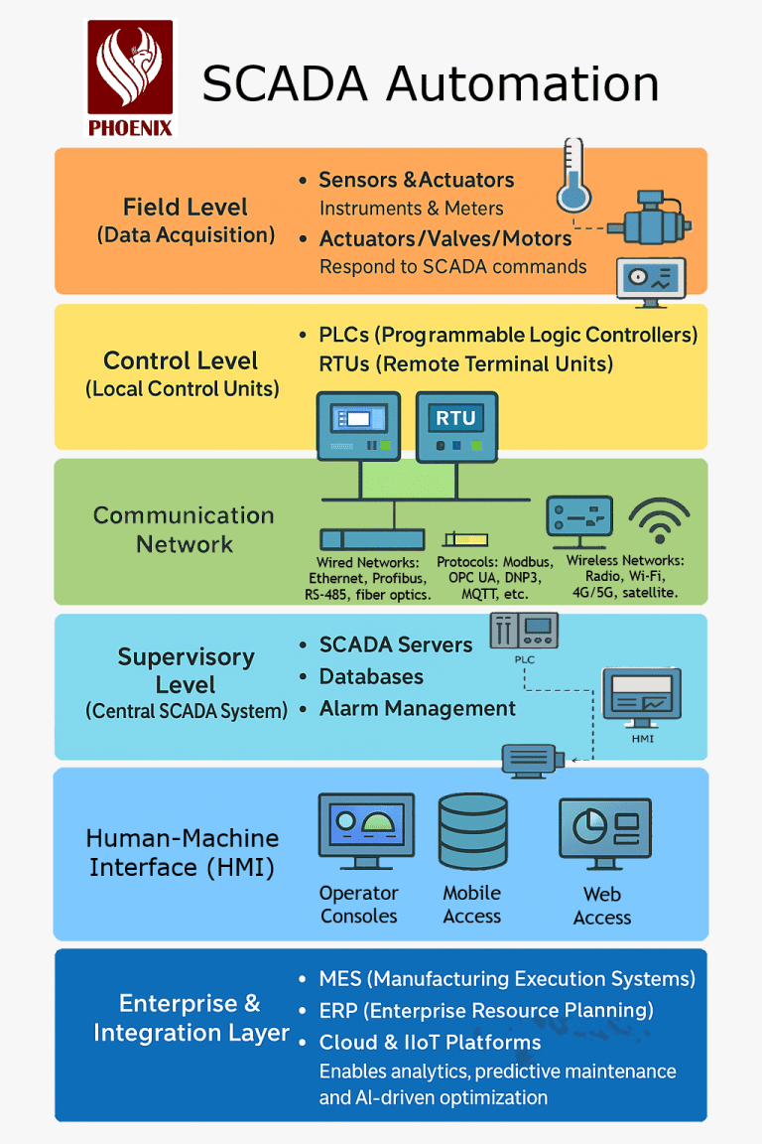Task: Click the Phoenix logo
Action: click(x=130, y=78)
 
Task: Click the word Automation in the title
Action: click(x=523, y=83)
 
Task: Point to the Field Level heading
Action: click(x=186, y=208)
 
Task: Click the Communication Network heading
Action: click(x=184, y=529)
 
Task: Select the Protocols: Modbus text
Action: click(x=495, y=562)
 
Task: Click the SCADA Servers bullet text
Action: click(x=395, y=644)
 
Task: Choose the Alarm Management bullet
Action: click(x=417, y=708)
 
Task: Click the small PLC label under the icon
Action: click(x=525, y=658)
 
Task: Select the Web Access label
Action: click(x=602, y=906)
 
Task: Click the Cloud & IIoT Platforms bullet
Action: click(x=430, y=1043)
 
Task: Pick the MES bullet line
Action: click(x=506, y=979)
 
